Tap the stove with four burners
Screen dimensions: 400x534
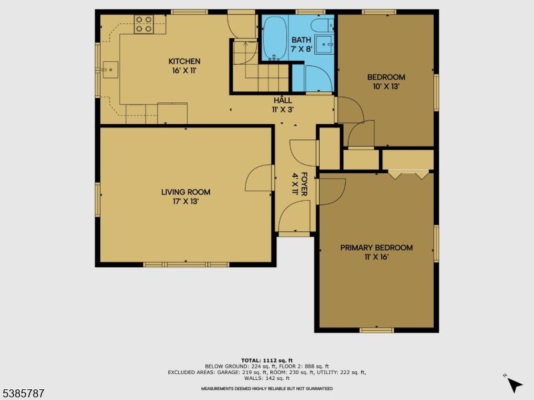(144, 25)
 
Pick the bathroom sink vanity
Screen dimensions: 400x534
(326, 45)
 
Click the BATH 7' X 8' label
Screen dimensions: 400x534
(301, 44)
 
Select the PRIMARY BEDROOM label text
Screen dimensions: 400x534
(376, 251)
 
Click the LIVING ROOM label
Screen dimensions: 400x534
(180, 196)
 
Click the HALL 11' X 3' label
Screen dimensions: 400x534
(282, 104)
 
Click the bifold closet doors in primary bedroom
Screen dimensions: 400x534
(409, 175)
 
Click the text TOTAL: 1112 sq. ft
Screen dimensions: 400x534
(266, 360)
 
